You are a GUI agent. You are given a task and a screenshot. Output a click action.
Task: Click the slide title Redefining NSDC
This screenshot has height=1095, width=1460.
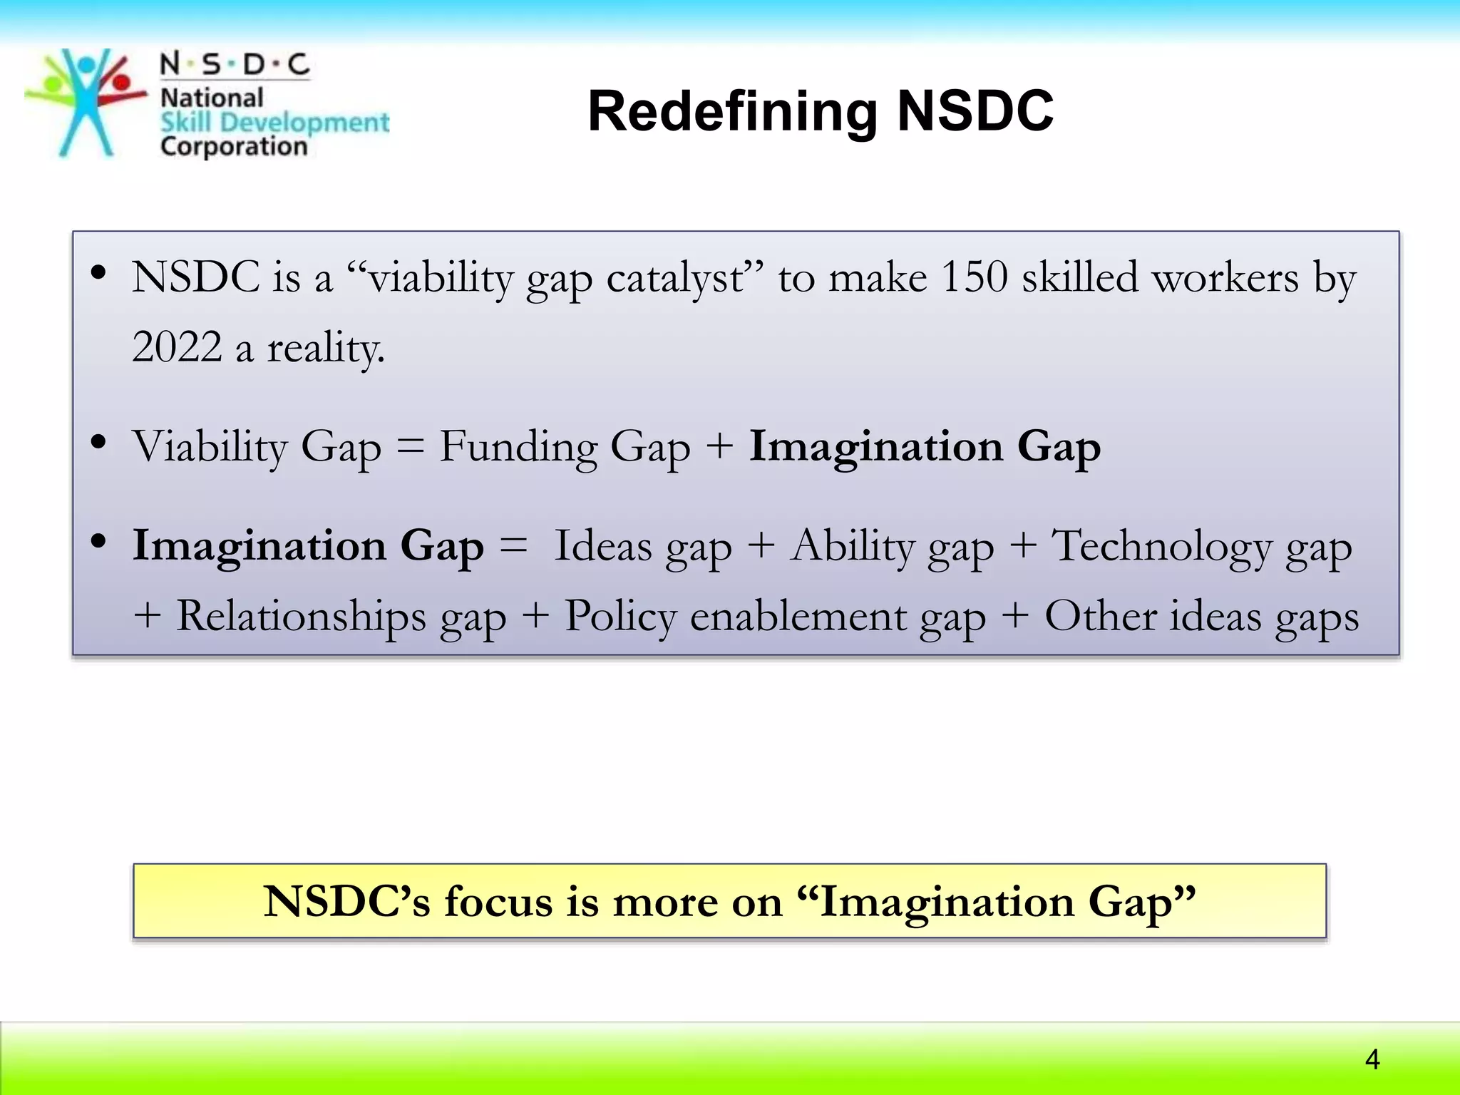point(820,112)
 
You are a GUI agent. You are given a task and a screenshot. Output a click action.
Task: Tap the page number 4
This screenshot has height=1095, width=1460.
point(1372,1060)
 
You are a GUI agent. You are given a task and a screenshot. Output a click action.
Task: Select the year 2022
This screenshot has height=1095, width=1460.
point(177,348)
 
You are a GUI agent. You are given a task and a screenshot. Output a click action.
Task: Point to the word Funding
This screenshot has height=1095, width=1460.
point(518,447)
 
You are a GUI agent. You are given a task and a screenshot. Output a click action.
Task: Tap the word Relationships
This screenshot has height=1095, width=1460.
point(300,616)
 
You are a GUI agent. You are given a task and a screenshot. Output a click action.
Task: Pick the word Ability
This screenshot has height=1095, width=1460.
point(853,547)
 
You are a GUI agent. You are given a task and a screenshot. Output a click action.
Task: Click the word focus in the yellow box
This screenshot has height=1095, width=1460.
point(498,901)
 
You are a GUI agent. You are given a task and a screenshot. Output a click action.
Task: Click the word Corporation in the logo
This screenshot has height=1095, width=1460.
point(234,147)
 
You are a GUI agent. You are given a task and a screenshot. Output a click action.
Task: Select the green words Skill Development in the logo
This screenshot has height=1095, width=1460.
point(274,123)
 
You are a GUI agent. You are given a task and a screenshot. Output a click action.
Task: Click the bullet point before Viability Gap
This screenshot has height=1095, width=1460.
point(98,442)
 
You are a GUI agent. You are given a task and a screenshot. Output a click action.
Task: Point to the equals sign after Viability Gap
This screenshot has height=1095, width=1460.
point(410,448)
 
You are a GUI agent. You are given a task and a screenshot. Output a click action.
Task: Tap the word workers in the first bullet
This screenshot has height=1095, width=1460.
point(1225,278)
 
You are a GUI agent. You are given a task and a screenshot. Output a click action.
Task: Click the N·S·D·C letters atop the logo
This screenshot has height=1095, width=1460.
point(235,64)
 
